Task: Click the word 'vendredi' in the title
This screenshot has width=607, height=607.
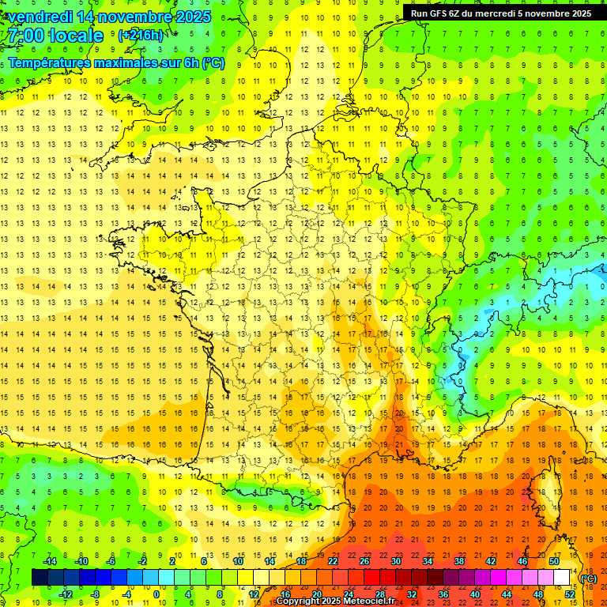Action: [x=40, y=16]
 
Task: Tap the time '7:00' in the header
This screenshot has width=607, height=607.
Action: [x=24, y=36]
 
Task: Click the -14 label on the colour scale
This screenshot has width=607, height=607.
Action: [x=49, y=561]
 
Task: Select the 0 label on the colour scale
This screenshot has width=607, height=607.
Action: [x=156, y=594]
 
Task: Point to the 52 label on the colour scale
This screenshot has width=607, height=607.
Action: [x=570, y=594]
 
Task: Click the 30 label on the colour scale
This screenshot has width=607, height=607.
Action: [x=395, y=561]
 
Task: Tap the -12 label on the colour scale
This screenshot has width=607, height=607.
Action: [x=65, y=594]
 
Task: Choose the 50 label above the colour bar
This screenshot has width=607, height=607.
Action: [x=554, y=561]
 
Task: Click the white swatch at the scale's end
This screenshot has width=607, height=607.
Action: [x=562, y=578]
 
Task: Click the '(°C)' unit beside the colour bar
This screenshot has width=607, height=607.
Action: [x=588, y=579]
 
